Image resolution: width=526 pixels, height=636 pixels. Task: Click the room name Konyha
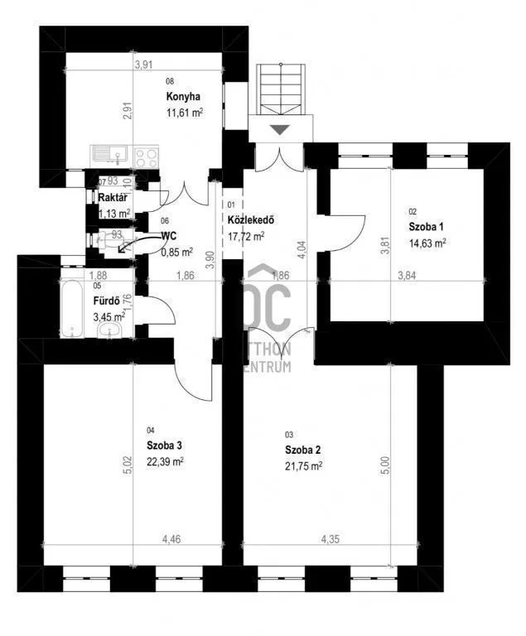pos(183,97)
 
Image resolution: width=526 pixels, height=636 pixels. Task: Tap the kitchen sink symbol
pos(109,154)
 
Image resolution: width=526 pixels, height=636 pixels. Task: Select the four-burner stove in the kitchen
pos(146,156)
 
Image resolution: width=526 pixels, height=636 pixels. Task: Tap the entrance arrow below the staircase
pos(281,129)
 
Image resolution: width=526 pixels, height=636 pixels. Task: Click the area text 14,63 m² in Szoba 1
pos(427,243)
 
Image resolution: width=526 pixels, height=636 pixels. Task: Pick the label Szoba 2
pos(302,450)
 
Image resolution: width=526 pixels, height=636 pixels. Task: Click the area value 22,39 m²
pos(165,461)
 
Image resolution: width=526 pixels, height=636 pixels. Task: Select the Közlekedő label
pos(250,220)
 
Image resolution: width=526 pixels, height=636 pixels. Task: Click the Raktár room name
pos(112,199)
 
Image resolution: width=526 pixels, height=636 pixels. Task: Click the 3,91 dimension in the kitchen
pos(146,67)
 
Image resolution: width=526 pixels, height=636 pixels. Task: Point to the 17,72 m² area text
pos(246,236)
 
